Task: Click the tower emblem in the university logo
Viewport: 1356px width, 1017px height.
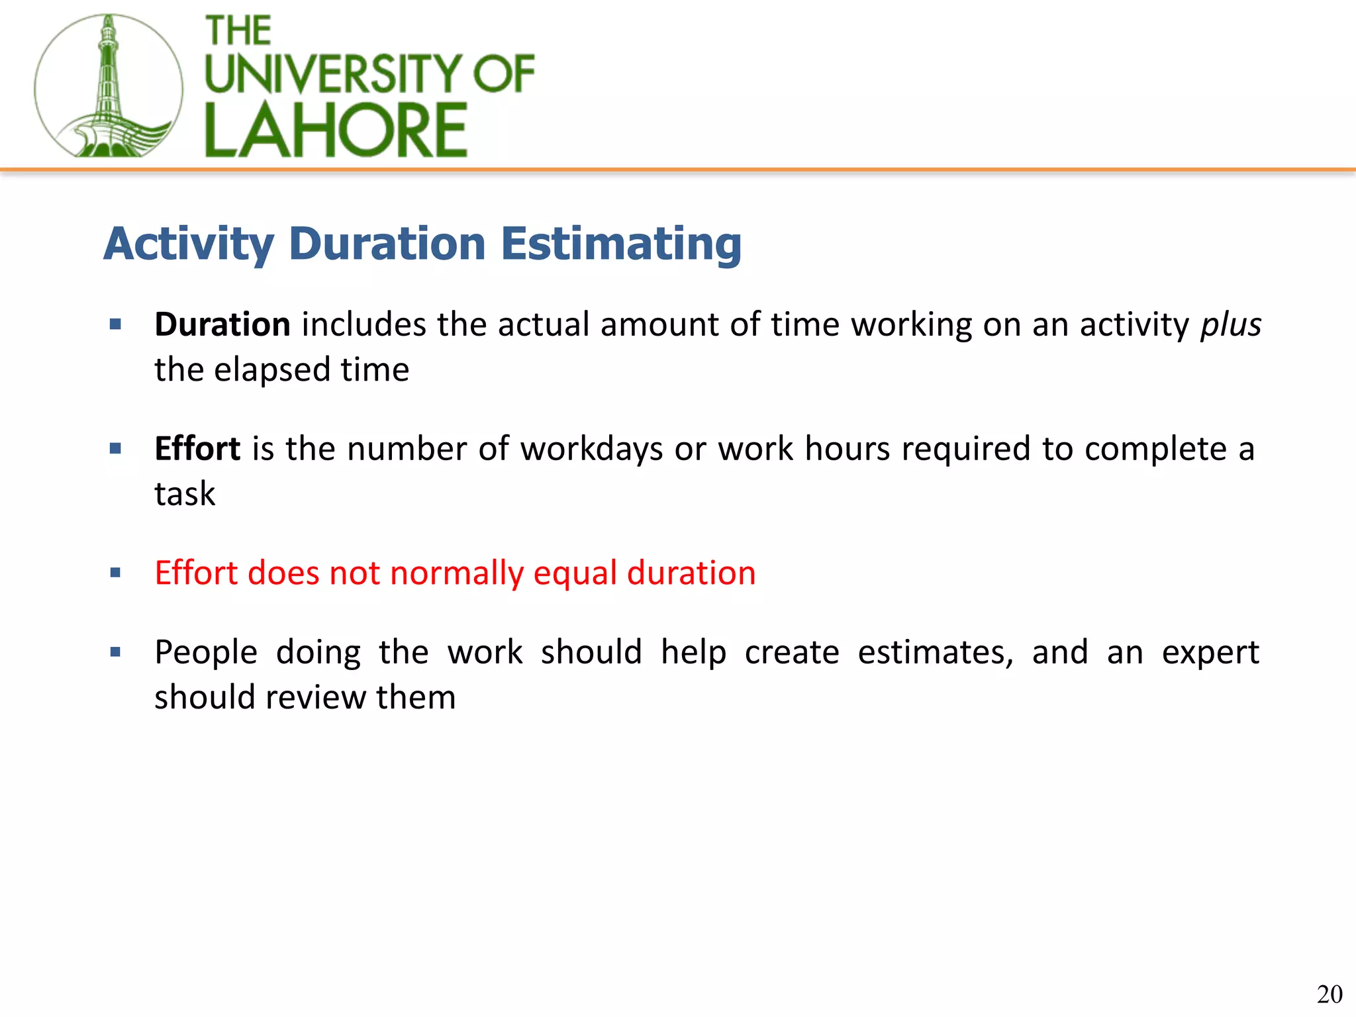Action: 108,86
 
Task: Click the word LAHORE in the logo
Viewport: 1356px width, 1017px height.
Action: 336,130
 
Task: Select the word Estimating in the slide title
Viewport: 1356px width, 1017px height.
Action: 620,244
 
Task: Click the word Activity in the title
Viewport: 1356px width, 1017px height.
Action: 189,244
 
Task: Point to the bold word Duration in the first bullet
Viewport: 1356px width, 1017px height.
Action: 222,324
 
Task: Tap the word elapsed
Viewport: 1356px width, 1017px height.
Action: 271,369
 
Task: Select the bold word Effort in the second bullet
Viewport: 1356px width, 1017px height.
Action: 197,449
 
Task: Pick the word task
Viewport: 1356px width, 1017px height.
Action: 185,494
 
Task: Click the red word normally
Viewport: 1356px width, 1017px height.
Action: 456,573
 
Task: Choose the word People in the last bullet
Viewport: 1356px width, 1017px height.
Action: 206,653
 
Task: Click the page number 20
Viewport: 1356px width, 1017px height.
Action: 1330,994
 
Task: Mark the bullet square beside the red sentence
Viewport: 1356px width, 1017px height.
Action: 116,573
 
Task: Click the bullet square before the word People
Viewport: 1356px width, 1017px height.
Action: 116,652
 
